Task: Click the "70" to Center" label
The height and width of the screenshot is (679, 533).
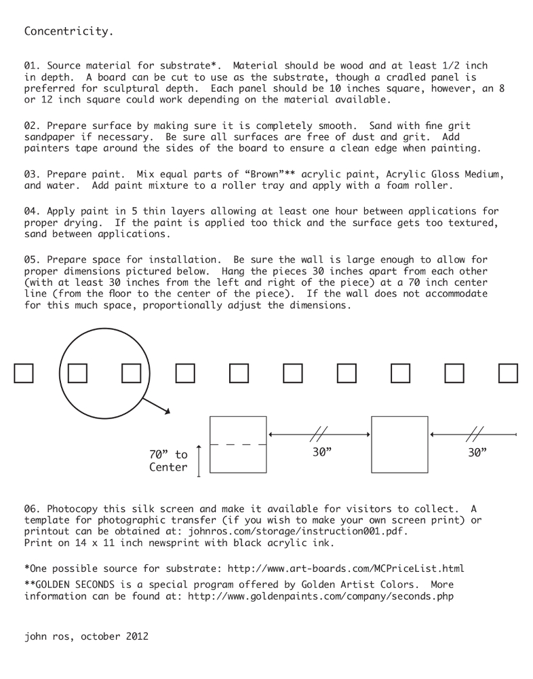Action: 168,461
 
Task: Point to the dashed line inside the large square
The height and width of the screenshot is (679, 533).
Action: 238,444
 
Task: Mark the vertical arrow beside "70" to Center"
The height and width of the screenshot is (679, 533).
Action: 199,461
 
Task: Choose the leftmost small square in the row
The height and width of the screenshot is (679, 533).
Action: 24,373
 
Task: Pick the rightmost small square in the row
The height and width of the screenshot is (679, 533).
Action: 508,373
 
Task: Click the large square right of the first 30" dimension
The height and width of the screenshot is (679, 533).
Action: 399,444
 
